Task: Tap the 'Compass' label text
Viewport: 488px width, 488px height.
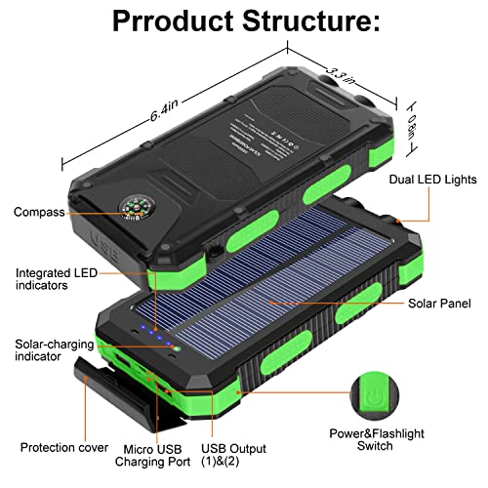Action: coord(40,212)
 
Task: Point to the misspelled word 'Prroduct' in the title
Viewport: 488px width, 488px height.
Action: coord(159,20)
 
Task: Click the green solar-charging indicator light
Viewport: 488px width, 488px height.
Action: coord(177,348)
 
